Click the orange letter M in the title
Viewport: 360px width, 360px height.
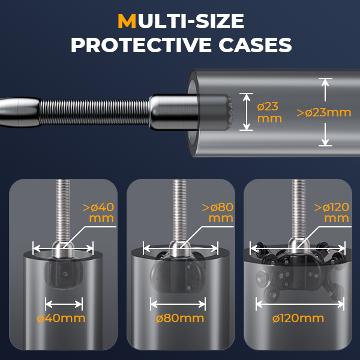tap(127, 21)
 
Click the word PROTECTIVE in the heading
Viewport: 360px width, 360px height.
tap(141, 45)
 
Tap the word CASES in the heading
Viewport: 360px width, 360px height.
tap(255, 45)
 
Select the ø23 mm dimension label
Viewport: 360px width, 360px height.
tap(269, 113)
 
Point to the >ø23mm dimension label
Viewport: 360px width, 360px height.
tap(324, 113)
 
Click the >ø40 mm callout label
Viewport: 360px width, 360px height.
tap(98, 212)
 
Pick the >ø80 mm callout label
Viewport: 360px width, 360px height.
tap(218, 212)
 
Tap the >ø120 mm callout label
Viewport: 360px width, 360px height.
tap(332, 212)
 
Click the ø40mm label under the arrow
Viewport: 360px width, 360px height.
tap(61, 319)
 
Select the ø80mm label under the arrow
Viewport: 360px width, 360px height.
tap(180, 319)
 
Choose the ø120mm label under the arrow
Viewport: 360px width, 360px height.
tap(298, 319)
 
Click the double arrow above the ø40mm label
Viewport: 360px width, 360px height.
tap(64, 304)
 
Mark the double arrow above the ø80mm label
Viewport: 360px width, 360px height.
tap(178, 304)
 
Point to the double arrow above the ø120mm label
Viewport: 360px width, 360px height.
tap(300, 304)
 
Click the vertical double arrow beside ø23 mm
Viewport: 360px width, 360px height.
tap(246, 112)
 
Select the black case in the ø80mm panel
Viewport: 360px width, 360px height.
tap(178, 272)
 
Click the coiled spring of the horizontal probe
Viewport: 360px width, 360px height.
tap(94, 112)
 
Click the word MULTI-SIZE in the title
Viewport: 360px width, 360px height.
tap(181, 21)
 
